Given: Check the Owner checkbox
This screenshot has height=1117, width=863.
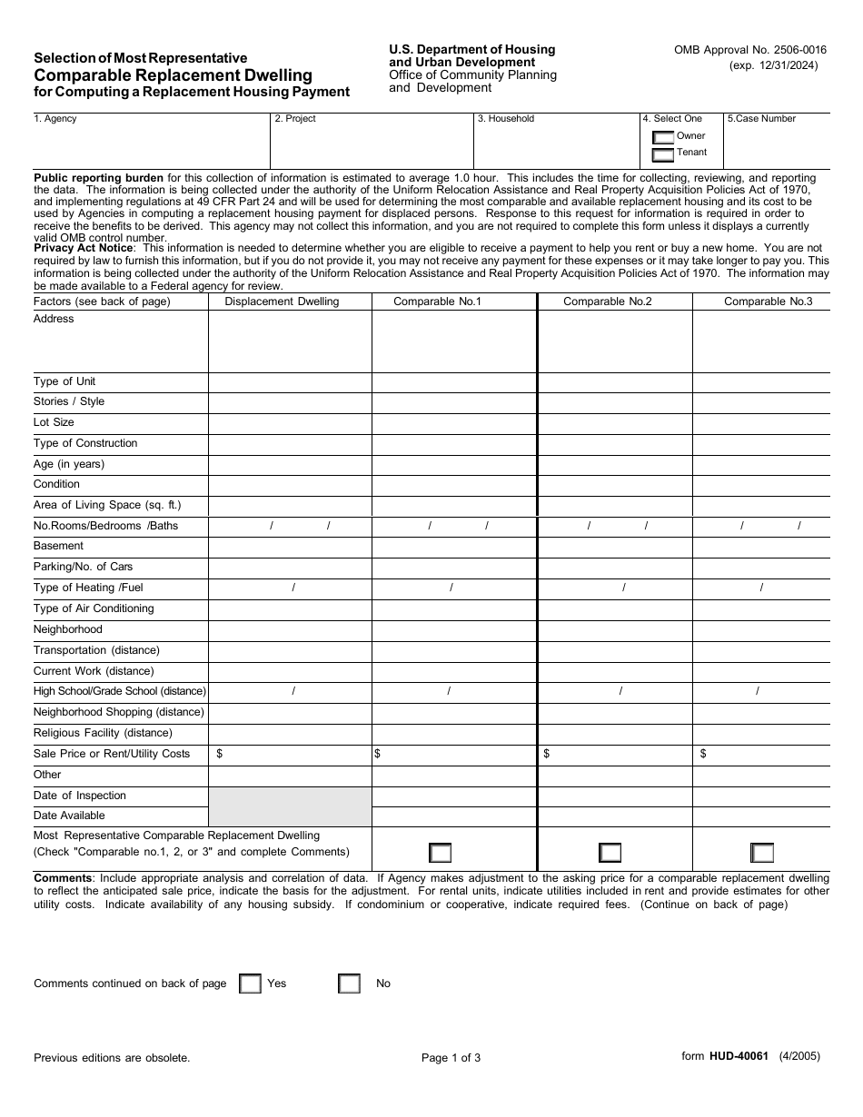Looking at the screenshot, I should coord(663,138).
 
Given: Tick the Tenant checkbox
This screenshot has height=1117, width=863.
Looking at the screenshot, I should coord(663,154).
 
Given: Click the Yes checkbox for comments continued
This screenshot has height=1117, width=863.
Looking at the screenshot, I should coord(250,984).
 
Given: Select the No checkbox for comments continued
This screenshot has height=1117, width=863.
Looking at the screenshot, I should coord(350,984).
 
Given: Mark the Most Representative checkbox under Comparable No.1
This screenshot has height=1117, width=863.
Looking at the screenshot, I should coord(441,853).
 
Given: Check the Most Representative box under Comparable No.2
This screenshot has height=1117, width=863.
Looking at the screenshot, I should coord(610,853).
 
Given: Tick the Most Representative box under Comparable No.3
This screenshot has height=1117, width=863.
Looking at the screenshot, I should coord(762,853).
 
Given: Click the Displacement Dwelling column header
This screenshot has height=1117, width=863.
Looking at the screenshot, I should coord(282,301).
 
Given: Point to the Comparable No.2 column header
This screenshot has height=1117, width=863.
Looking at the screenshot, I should coord(608,301).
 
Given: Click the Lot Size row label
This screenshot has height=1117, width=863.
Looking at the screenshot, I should coord(55,422).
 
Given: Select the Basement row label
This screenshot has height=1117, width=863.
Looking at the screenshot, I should coord(58,546).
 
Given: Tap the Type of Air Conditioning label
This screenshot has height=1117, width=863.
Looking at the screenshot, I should coord(94,608).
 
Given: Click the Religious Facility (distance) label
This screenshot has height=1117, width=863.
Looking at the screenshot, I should coord(103,733).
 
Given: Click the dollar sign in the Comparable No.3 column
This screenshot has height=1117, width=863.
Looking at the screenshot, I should coord(703,754).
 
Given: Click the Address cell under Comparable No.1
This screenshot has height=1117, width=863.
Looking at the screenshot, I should coord(454,341).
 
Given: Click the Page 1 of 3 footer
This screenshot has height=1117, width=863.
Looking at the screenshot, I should coord(451,1057).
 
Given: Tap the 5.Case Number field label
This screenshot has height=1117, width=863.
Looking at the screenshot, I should coord(761,119).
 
